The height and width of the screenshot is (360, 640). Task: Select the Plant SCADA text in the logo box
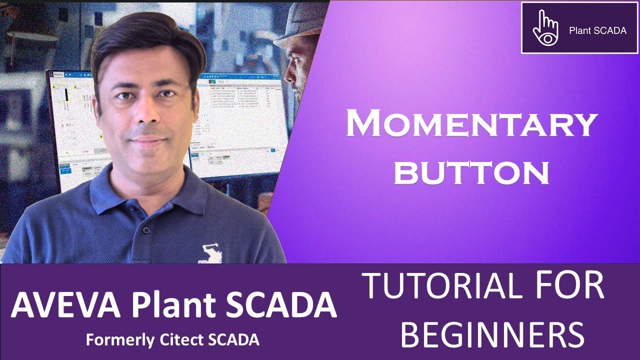597,30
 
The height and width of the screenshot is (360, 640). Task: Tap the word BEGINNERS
492,334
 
